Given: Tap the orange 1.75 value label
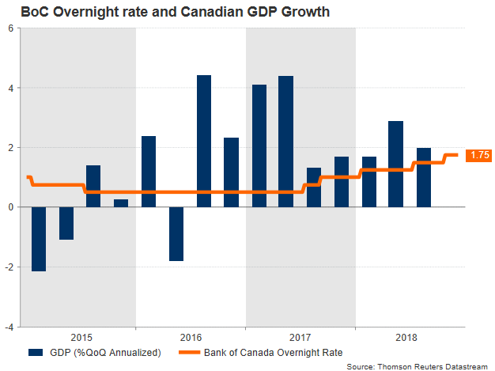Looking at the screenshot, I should [x=478, y=155].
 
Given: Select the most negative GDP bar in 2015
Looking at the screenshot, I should [x=38, y=239].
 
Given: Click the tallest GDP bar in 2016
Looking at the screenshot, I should [x=203, y=141].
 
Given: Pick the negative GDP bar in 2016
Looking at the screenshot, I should [x=176, y=234].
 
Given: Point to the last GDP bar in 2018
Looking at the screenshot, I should [x=424, y=177].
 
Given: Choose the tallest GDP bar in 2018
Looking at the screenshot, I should [x=396, y=164].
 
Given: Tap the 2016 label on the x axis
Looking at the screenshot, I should [x=191, y=335].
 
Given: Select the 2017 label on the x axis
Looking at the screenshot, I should [x=300, y=335].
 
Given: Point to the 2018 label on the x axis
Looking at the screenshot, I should [x=410, y=335].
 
